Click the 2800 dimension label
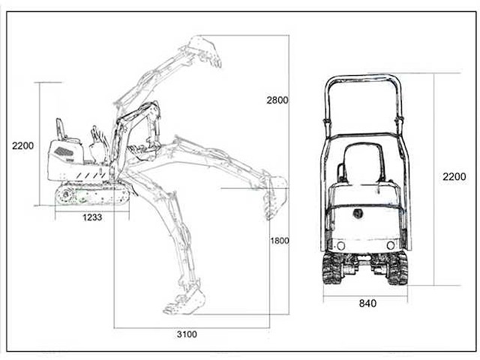tap(277, 100)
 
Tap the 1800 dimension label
tap(280, 241)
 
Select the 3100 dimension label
tap(187, 334)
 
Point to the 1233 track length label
tap(92, 217)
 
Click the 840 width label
tap(367, 303)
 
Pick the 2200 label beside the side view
tap(23, 145)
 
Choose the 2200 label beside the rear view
tap(454, 177)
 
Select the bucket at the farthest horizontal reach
tap(275, 196)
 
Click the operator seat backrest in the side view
tap(60, 129)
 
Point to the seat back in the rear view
tap(364, 163)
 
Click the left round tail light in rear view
tap(340, 245)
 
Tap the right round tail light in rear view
tap(391, 245)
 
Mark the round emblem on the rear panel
tap(357, 213)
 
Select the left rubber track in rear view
tap(332, 268)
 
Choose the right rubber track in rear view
tap(397, 268)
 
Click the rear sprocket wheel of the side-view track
tap(65, 195)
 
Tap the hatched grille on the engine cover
tap(64, 151)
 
